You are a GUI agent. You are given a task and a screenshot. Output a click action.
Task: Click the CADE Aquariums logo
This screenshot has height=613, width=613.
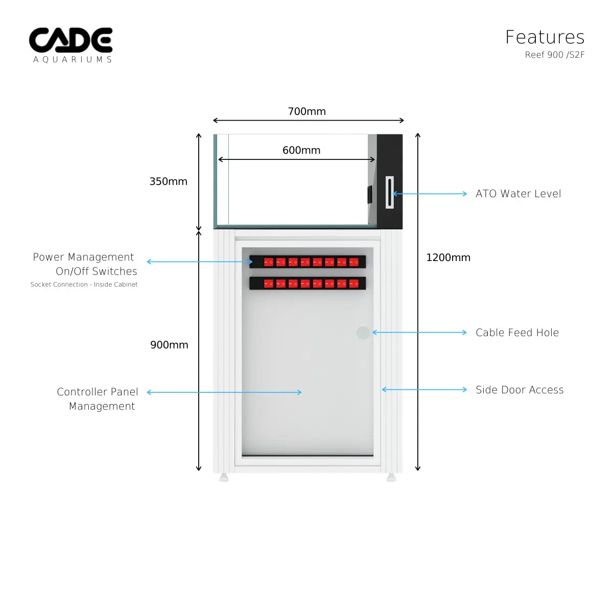click(x=70, y=45)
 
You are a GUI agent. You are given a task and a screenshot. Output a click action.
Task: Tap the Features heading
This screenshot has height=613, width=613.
click(x=545, y=37)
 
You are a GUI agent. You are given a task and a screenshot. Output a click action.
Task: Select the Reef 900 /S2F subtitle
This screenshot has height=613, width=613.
click(x=554, y=55)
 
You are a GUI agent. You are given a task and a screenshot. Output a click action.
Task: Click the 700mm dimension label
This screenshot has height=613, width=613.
click(x=306, y=111)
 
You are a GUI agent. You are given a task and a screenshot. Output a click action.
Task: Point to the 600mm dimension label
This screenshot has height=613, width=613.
click(x=301, y=150)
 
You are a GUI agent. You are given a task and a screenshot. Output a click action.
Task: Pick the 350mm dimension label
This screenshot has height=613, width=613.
click(x=168, y=181)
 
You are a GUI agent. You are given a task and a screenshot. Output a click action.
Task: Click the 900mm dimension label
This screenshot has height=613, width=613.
click(x=169, y=345)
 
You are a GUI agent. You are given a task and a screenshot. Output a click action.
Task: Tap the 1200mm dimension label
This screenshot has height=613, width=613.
click(x=448, y=257)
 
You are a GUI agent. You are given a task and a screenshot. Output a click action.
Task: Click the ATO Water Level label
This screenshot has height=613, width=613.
click(x=518, y=194)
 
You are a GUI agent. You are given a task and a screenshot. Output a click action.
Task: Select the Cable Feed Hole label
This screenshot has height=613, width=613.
click(x=517, y=333)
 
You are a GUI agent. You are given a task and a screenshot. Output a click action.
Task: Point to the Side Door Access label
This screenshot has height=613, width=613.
click(x=520, y=390)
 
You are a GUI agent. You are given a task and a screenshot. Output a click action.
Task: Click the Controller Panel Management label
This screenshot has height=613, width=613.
click(x=98, y=399)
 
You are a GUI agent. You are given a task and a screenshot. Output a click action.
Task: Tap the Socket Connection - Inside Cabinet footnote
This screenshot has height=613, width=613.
click(x=84, y=285)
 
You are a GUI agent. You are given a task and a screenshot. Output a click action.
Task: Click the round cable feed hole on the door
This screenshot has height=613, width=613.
click(x=363, y=333)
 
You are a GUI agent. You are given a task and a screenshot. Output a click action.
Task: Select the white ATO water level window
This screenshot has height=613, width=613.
click(x=390, y=193)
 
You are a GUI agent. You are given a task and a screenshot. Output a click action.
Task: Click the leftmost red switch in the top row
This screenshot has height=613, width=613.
click(x=269, y=262)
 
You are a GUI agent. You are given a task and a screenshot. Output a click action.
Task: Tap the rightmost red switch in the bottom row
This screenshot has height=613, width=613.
click(x=353, y=284)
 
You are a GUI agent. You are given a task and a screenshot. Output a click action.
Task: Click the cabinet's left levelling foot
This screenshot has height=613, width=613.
click(x=224, y=478)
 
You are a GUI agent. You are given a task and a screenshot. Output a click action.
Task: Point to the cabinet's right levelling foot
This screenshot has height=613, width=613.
click(x=391, y=478)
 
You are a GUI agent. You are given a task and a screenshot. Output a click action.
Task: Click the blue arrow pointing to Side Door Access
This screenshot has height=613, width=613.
click(x=424, y=390)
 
